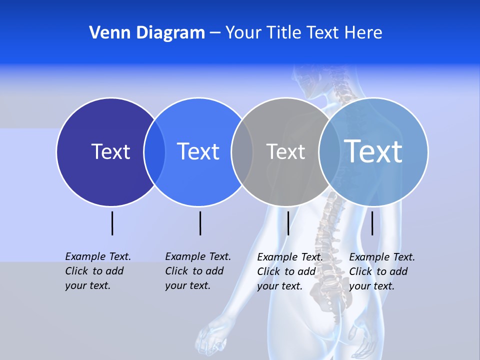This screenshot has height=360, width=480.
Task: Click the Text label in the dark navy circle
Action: (x=110, y=151)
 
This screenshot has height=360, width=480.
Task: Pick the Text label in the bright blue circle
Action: (x=198, y=151)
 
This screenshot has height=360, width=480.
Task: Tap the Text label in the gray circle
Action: (x=285, y=151)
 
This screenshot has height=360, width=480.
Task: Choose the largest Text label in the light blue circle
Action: (x=373, y=151)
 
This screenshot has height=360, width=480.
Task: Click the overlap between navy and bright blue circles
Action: (x=154, y=152)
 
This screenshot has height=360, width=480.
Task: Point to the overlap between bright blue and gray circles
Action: (x=242, y=152)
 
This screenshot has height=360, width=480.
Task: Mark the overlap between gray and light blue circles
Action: (x=329, y=152)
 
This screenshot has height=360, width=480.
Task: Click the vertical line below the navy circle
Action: (x=112, y=223)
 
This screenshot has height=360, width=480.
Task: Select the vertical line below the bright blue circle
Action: (x=200, y=223)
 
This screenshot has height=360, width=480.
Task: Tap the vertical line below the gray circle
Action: (x=288, y=223)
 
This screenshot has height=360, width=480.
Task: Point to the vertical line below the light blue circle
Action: (x=372, y=223)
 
